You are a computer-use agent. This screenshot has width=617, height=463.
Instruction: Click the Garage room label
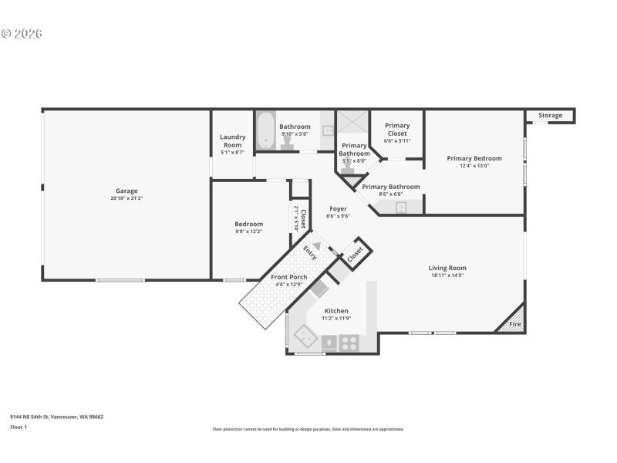pyautogui.click(x=126, y=191)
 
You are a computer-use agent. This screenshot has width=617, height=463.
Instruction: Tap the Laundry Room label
pyautogui.click(x=232, y=140)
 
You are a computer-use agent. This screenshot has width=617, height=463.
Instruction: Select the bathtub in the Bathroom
pyautogui.click(x=265, y=131)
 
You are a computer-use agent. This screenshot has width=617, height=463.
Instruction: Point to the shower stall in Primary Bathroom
pyautogui.click(x=352, y=125)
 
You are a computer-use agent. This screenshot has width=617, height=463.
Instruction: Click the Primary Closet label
pyautogui.click(x=397, y=129)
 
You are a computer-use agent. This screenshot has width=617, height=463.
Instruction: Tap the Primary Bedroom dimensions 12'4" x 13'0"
pyautogui.click(x=474, y=166)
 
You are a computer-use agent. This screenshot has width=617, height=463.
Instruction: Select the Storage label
pyautogui.click(x=550, y=116)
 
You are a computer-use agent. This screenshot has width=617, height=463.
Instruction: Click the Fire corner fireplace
pyautogui.click(x=514, y=324)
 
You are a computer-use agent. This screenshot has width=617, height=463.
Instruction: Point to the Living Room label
pyautogui.click(x=448, y=268)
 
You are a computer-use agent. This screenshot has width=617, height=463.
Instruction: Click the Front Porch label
pyautogui.click(x=288, y=277)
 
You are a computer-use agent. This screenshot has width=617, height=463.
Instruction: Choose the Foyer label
pyautogui.click(x=338, y=208)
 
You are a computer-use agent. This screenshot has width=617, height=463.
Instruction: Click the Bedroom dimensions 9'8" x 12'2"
pyautogui.click(x=248, y=231)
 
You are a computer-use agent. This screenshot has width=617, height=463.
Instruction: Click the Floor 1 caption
pyautogui.click(x=19, y=427)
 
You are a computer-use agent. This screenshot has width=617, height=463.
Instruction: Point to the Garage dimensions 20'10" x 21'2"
pyautogui.click(x=126, y=198)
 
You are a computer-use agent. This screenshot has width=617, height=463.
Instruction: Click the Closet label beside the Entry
pyautogui.click(x=356, y=254)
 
